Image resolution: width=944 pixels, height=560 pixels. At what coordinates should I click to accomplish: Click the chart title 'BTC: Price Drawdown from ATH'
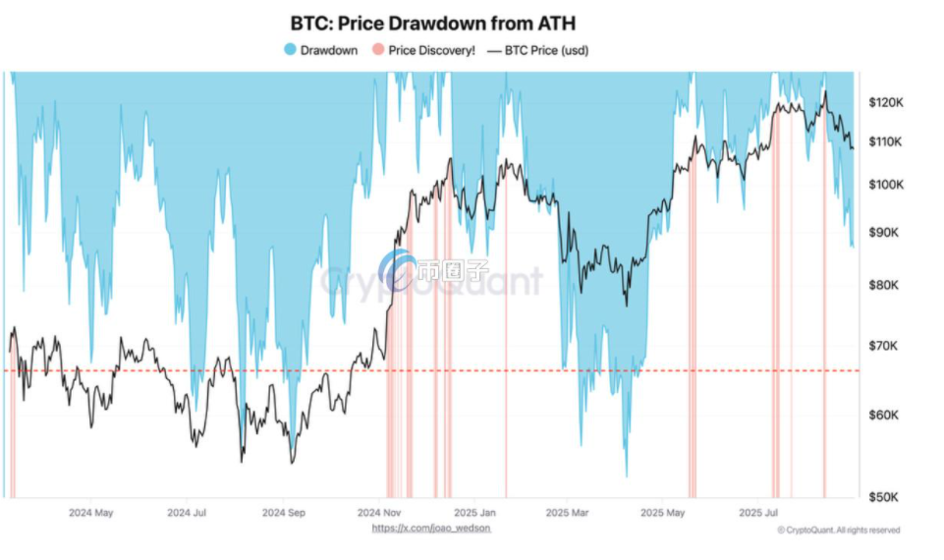click(x=432, y=23)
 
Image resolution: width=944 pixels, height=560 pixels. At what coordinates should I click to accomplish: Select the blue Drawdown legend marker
click(x=289, y=50)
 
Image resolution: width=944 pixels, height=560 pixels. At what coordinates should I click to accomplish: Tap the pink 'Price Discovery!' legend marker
click(x=378, y=50)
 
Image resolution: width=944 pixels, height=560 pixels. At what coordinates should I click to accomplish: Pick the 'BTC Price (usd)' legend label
click(x=546, y=50)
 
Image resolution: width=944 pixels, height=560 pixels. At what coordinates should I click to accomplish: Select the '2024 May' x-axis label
click(x=91, y=513)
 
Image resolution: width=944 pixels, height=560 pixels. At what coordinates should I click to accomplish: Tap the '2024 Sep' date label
click(x=285, y=513)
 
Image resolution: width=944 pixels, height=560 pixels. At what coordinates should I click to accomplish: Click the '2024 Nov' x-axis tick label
click(x=380, y=513)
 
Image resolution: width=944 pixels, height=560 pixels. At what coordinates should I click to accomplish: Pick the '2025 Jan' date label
click(x=475, y=513)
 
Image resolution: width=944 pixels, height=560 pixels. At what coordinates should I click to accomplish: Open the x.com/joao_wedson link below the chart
click(x=431, y=529)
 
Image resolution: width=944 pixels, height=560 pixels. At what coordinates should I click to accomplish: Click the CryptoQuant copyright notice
click(x=837, y=531)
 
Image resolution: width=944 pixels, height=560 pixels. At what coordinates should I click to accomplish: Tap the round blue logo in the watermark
click(x=398, y=269)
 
